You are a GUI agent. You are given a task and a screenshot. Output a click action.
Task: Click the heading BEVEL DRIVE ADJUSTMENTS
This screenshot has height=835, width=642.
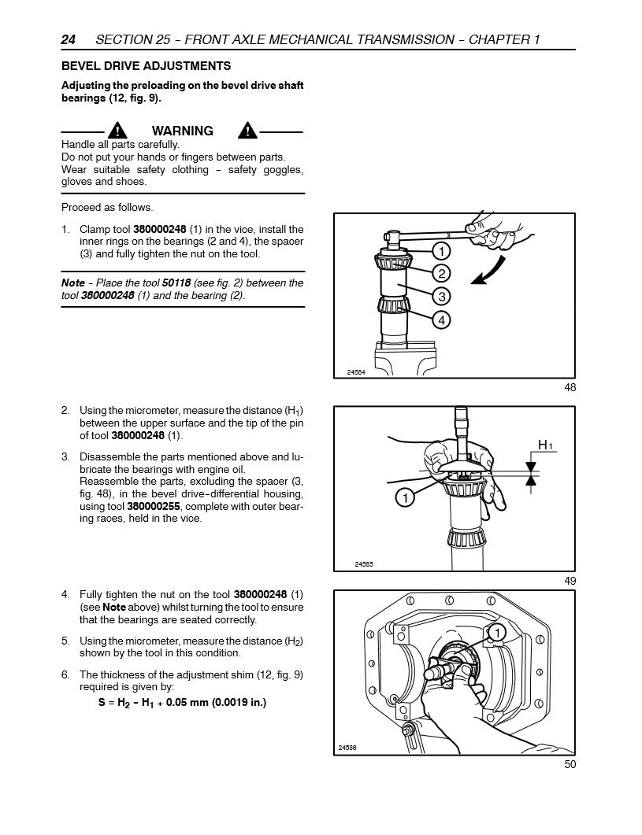tap(147, 66)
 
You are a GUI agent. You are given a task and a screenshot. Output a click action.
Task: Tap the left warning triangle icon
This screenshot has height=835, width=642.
tap(117, 131)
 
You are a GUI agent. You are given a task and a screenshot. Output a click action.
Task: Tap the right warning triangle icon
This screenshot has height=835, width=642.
tap(247, 131)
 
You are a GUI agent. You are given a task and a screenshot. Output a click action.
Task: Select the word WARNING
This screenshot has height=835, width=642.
tap(182, 131)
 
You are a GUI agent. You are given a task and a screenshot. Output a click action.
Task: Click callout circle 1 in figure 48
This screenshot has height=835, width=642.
tap(441, 251)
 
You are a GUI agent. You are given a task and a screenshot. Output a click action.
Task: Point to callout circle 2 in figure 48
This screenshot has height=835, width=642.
tap(441, 273)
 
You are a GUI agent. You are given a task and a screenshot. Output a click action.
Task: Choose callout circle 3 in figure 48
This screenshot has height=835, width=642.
tap(441, 296)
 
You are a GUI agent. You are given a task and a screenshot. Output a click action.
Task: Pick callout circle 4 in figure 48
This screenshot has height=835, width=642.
tap(441, 320)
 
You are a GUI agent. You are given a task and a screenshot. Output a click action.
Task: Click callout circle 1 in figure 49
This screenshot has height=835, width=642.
tap(404, 497)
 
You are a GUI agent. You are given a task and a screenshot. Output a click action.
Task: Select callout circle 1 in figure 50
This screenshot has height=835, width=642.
tap(497, 632)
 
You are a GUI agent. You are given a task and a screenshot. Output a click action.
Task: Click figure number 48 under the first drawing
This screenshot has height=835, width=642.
tap(570, 387)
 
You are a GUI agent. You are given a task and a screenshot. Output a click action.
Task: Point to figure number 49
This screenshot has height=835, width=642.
tap(570, 581)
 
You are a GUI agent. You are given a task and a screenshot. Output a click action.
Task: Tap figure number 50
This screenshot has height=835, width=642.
tap(570, 763)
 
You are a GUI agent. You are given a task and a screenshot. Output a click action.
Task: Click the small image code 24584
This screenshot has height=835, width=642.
tap(356, 371)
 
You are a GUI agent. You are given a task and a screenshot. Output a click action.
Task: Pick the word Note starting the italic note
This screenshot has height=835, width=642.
tap(72, 283)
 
